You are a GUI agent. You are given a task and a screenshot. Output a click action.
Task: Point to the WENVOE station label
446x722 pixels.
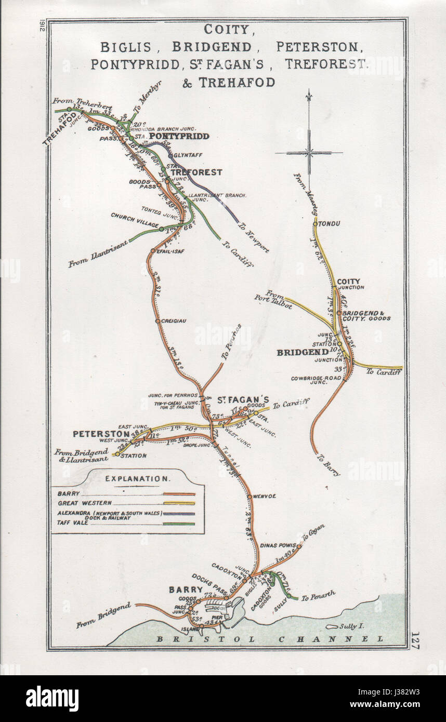pyautogui.click(x=265, y=497)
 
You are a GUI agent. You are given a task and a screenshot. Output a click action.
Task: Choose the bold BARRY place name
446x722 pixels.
pyautogui.click(x=185, y=590)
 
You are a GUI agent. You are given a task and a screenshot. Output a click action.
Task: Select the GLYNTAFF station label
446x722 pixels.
pyautogui.click(x=188, y=155)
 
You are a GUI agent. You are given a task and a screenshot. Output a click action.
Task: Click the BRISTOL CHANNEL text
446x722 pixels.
pyautogui.click(x=270, y=639)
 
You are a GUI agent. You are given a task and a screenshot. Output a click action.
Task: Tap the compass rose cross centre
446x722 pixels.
pyautogui.click(x=309, y=153)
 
